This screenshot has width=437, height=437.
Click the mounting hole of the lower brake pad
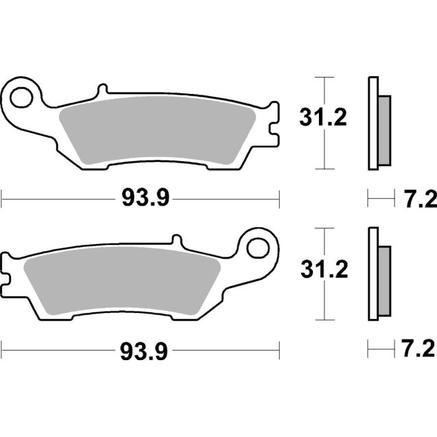261,245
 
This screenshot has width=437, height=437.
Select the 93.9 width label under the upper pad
145,199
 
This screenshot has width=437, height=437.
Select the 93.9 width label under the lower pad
145,351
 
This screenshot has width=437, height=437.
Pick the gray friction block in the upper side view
384,130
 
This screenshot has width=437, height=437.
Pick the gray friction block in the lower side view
384,281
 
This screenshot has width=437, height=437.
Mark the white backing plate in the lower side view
373,274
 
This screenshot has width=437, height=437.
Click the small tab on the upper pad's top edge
102,91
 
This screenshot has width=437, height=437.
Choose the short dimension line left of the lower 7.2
378,351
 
